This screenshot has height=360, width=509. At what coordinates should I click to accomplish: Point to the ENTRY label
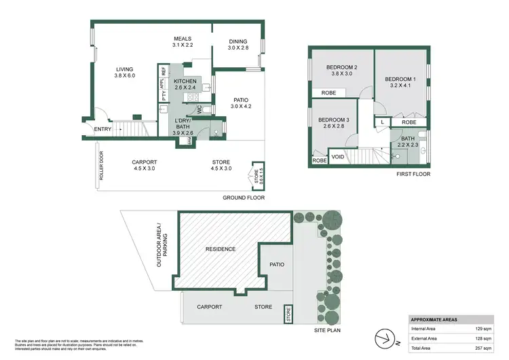tap(103, 129)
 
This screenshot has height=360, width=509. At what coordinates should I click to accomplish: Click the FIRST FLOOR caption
tap(413, 175)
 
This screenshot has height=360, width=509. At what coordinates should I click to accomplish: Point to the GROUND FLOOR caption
tap(244, 198)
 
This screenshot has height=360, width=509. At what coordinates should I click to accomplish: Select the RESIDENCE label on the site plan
tap(221, 249)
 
